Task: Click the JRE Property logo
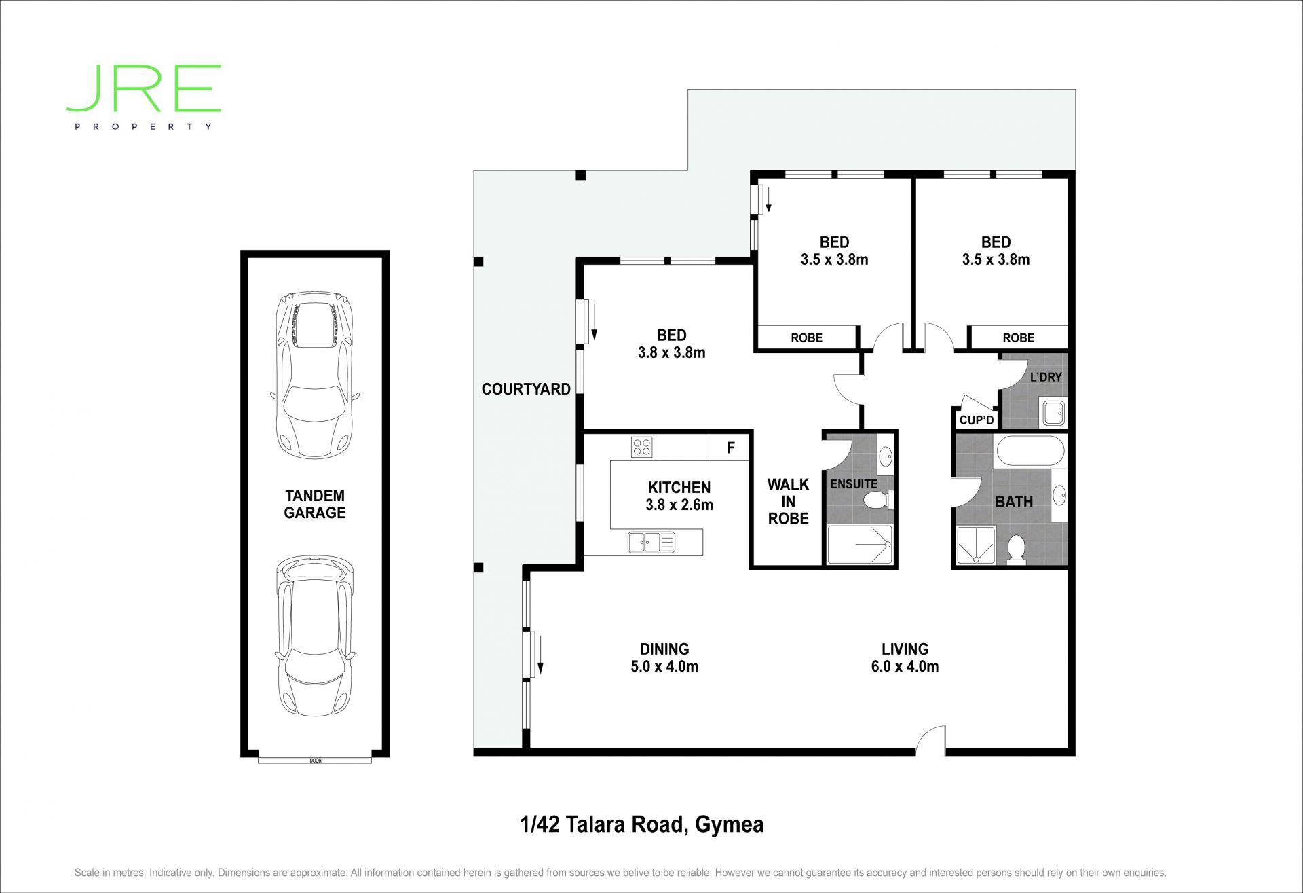(x=143, y=97)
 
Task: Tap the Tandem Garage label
(x=315, y=505)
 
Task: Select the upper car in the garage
(x=315, y=376)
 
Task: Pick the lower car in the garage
(x=315, y=636)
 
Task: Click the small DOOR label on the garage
(x=316, y=761)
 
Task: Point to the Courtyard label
(x=526, y=389)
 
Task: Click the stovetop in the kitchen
(x=641, y=447)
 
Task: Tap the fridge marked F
(x=730, y=448)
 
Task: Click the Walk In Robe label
(x=788, y=501)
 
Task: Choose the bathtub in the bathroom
(x=1030, y=451)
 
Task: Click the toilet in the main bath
(x=1016, y=549)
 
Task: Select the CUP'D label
(x=977, y=420)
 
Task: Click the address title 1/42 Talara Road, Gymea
(x=642, y=824)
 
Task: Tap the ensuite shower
(x=859, y=544)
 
